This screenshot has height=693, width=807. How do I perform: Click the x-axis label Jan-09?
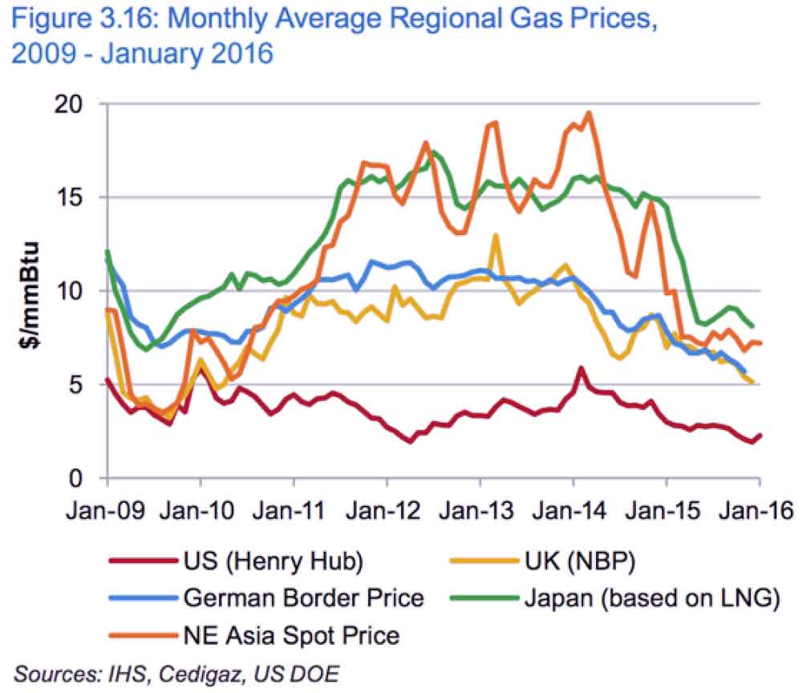[x=108, y=510]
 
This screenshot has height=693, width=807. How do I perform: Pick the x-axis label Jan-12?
[x=387, y=510]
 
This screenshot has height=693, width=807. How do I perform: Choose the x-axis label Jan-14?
[x=574, y=510]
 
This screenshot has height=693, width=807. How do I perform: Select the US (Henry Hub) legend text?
[x=274, y=561]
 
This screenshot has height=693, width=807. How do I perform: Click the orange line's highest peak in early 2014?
[x=590, y=113]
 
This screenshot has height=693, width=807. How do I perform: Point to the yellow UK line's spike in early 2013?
[x=497, y=236]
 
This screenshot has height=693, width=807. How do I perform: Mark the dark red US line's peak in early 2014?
[x=581, y=369]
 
